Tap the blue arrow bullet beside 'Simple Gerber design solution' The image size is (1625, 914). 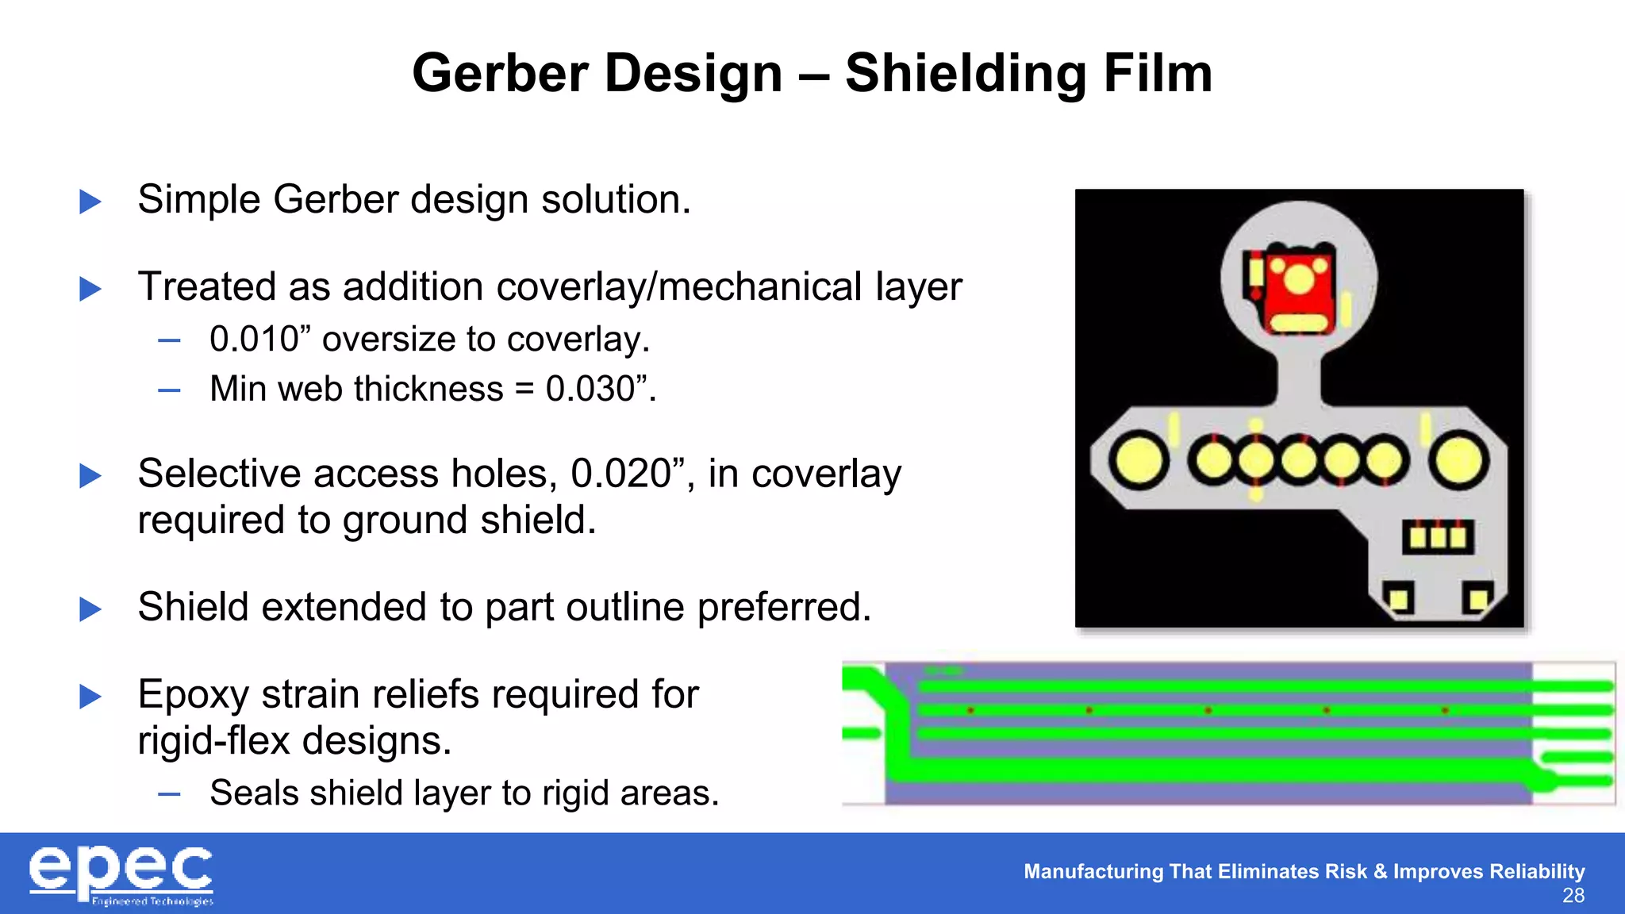click(90, 202)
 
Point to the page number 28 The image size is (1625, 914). click(1573, 896)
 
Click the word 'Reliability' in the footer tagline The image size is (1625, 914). click(1536, 871)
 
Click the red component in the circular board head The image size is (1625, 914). click(1298, 290)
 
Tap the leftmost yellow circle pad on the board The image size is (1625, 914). click(1138, 460)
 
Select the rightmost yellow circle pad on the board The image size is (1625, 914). click(1458, 460)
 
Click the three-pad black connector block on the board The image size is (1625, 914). click(1438, 537)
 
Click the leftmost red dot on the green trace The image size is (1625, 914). click(970, 710)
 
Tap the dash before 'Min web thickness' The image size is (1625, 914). click(169, 390)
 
